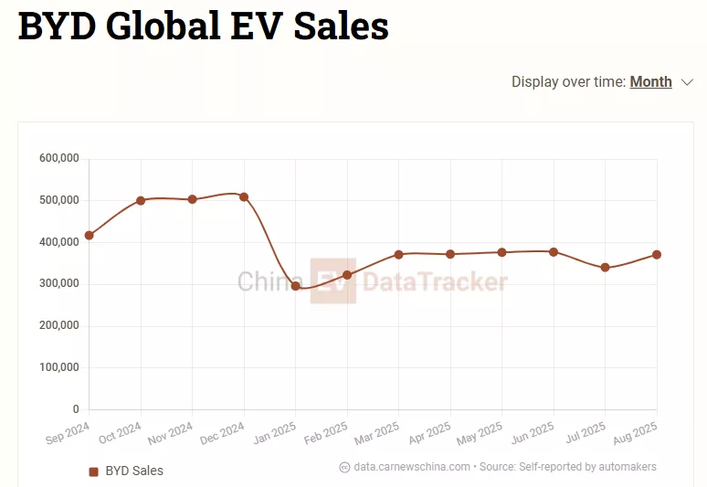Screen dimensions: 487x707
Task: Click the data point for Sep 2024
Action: (x=89, y=236)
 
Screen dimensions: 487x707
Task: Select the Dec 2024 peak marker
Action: (x=244, y=196)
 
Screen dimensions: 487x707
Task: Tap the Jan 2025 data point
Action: (x=295, y=286)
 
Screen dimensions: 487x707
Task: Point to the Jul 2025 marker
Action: (x=606, y=268)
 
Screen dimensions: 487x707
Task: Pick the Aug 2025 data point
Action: (x=657, y=254)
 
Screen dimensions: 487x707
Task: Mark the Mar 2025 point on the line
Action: (x=398, y=254)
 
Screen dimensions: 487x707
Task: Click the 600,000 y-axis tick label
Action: (x=59, y=159)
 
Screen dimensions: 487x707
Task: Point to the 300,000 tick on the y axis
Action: (x=59, y=284)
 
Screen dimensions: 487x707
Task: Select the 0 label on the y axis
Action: (x=76, y=409)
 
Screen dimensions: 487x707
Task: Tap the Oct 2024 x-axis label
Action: (x=121, y=433)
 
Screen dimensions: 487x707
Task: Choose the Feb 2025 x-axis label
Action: (x=327, y=433)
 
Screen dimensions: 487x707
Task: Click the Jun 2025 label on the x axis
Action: (x=533, y=433)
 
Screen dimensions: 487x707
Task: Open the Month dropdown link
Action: (x=650, y=82)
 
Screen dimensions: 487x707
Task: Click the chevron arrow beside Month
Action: (x=688, y=82)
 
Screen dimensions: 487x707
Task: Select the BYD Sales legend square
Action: (x=93, y=471)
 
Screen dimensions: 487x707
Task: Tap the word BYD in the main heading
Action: (x=56, y=26)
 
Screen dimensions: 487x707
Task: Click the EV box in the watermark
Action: (x=332, y=281)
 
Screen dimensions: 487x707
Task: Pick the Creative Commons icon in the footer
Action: (x=344, y=467)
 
